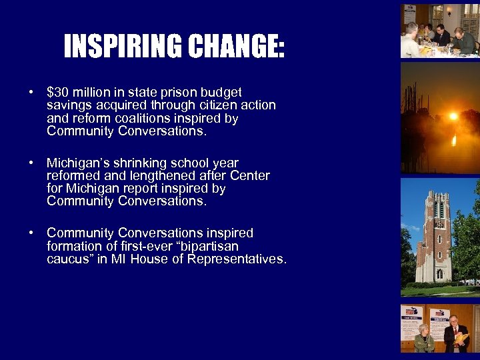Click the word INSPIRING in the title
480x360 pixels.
tap(123, 47)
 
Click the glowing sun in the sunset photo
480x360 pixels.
tap(453, 116)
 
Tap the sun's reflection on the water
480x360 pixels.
tap(453, 140)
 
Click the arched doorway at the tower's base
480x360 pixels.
tap(439, 274)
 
